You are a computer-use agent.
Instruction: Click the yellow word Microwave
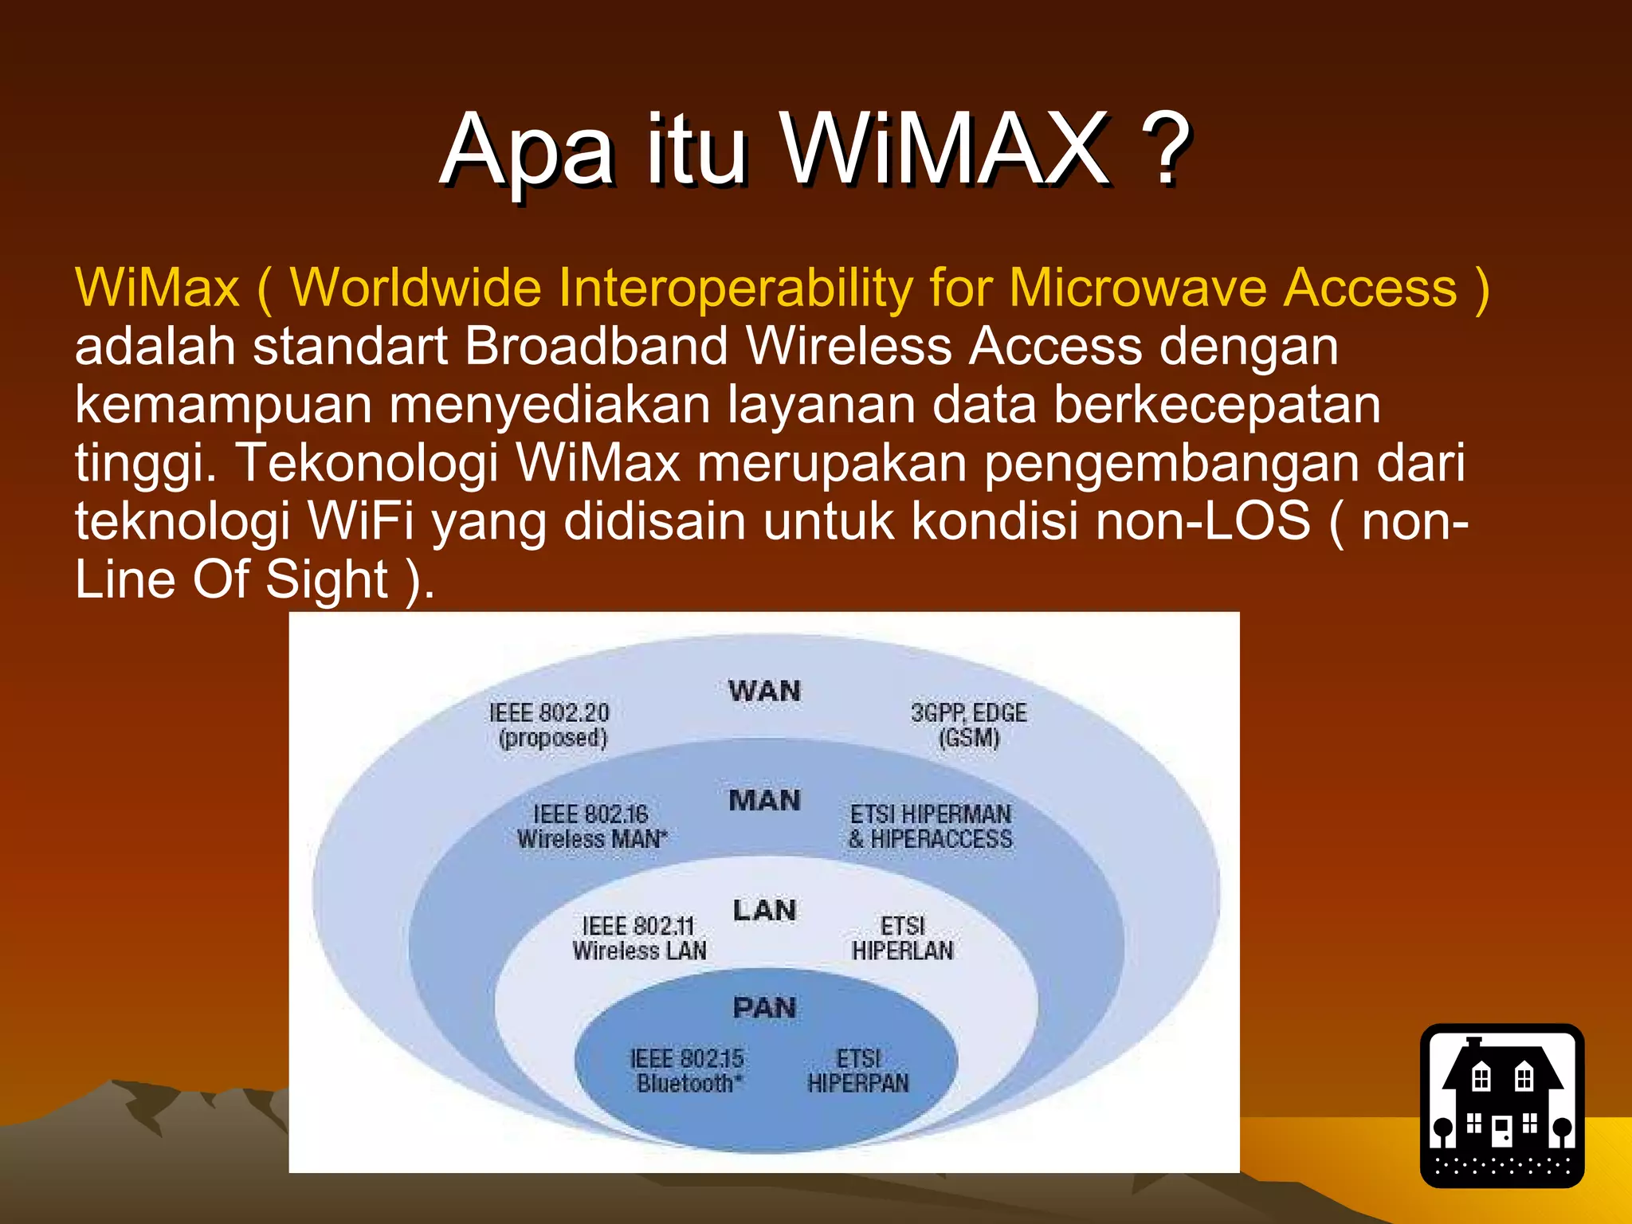(1138, 288)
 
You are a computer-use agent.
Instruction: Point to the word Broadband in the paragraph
(596, 347)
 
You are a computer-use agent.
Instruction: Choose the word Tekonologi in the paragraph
(367, 463)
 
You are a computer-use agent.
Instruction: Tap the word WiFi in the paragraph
(360, 521)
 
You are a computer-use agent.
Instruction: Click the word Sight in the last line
(327, 579)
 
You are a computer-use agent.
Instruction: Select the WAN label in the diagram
(764, 691)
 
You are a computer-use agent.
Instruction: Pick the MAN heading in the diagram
(764, 800)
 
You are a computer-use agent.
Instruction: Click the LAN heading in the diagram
(764, 910)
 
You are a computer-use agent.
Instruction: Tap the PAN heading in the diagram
(764, 1008)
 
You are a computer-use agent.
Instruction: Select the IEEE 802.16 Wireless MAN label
(591, 826)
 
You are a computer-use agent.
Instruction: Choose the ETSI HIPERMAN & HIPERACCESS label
(931, 826)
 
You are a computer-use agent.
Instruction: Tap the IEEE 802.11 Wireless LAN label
(639, 938)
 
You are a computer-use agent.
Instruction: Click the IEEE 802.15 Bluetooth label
(688, 1071)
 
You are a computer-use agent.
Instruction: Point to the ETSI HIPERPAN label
(858, 1071)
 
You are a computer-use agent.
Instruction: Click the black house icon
(1502, 1105)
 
